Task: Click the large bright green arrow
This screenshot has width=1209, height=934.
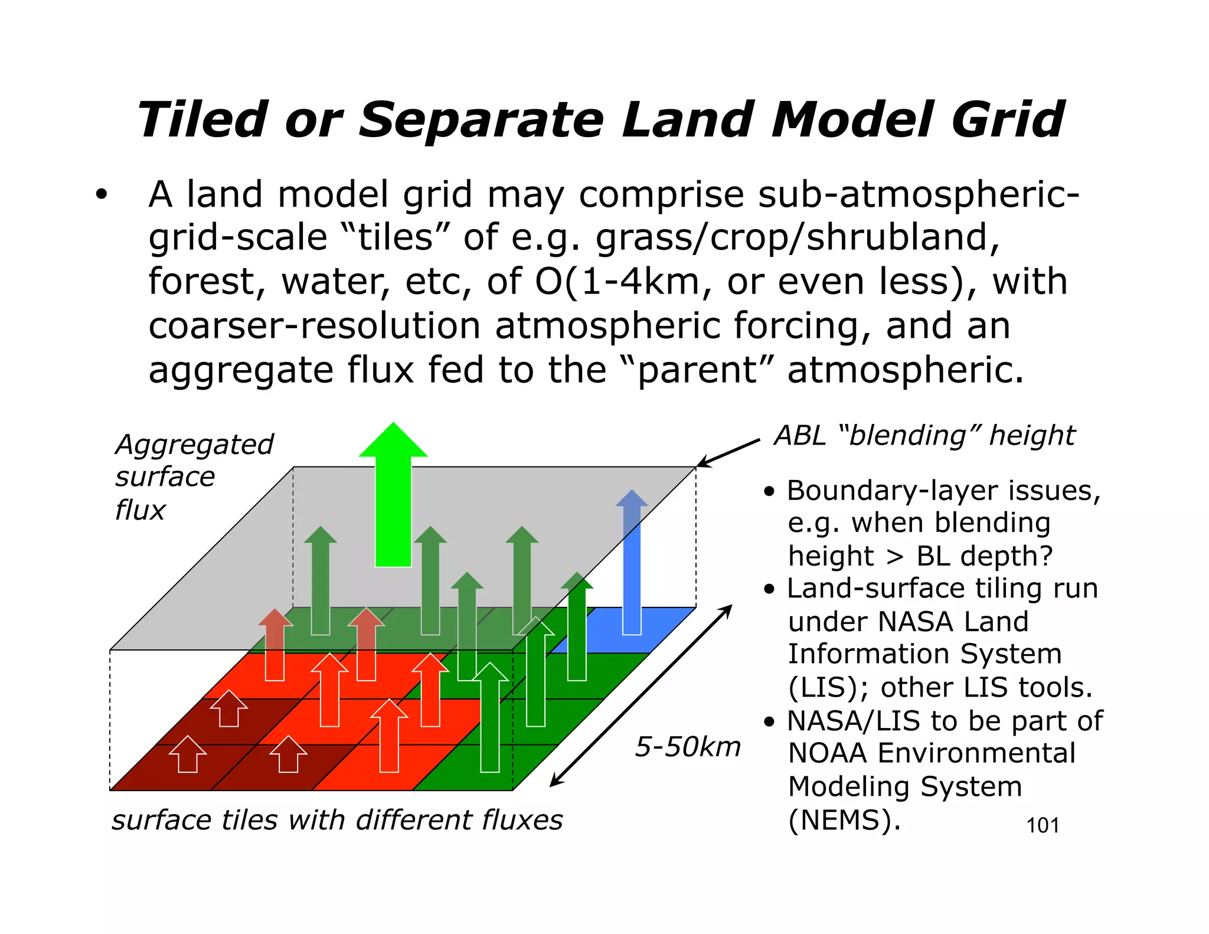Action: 393,496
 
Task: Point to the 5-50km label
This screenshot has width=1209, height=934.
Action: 688,747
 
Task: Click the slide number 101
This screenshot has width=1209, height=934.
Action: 1043,825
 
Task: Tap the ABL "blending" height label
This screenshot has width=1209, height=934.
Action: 924,436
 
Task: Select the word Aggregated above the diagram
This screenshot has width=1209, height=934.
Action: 194,445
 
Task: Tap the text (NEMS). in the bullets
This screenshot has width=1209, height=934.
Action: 844,820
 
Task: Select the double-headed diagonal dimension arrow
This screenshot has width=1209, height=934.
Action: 641,695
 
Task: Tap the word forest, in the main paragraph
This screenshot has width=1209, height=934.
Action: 207,282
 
